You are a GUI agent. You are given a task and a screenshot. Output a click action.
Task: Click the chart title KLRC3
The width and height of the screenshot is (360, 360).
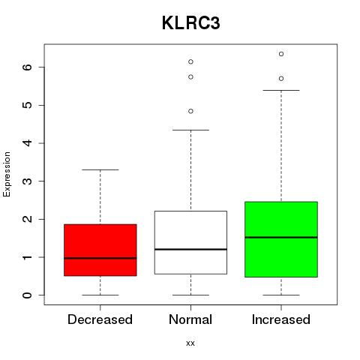pyautogui.click(x=191, y=23)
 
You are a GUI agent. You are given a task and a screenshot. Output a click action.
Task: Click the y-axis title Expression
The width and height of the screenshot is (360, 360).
pyautogui.click(x=7, y=174)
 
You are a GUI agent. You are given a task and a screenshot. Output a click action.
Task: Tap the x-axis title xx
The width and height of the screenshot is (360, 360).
pyautogui.click(x=190, y=343)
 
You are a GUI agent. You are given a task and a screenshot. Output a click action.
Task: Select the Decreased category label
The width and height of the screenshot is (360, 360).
pyautogui.click(x=100, y=319)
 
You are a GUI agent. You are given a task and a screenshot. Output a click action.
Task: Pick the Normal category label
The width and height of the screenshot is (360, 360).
pyautogui.click(x=190, y=319)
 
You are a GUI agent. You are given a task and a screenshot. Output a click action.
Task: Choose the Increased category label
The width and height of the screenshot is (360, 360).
pyautogui.click(x=281, y=319)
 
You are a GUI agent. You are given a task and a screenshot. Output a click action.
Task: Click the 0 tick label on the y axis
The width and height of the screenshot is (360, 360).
pyautogui.click(x=28, y=295)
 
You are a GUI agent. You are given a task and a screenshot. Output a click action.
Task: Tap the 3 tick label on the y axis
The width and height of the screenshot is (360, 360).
pyautogui.click(x=28, y=181)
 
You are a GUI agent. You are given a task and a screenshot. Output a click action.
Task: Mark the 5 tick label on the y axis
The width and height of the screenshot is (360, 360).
pyautogui.click(x=28, y=105)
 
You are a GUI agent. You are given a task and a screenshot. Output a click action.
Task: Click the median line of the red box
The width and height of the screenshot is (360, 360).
pyautogui.click(x=100, y=258)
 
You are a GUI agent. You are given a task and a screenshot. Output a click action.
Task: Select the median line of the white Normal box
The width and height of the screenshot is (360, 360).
pyautogui.click(x=190, y=249)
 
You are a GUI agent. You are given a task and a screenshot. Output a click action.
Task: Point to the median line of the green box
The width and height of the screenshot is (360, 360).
pyautogui.click(x=281, y=238)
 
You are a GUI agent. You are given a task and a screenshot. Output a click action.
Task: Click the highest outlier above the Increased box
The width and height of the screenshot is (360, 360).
pyautogui.click(x=281, y=54)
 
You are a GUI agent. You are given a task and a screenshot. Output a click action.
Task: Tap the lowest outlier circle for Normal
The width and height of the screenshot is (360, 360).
pyautogui.click(x=190, y=111)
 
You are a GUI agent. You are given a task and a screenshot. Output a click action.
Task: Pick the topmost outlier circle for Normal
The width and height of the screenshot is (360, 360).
pyautogui.click(x=190, y=61)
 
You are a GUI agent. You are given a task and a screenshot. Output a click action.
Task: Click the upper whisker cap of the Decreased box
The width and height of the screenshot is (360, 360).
pyautogui.click(x=100, y=169)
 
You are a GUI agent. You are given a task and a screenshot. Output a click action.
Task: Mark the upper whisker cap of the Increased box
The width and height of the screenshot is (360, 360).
pyautogui.click(x=281, y=90)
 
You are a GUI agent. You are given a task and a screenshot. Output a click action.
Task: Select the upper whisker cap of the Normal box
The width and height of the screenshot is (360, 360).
pyautogui.click(x=190, y=130)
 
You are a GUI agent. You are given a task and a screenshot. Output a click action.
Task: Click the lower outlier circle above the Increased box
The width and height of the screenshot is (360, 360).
pyautogui.click(x=281, y=79)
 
